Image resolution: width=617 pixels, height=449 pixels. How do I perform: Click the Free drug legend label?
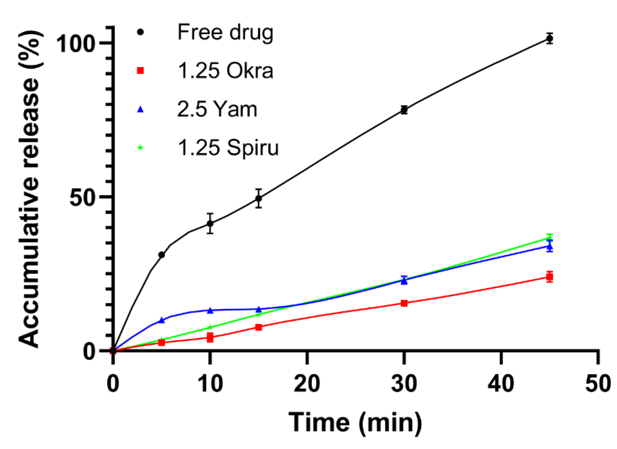click(225, 33)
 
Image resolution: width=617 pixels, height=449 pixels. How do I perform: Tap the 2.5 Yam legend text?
click(217, 110)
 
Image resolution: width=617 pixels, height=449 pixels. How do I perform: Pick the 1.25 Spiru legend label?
click(228, 148)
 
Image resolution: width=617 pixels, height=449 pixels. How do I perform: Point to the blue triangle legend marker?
click(140, 110)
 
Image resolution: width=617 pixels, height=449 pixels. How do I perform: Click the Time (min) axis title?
click(355, 423)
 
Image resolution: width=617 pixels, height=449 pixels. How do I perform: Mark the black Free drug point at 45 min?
click(549, 39)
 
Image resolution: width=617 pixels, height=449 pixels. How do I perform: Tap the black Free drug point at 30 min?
click(404, 110)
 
